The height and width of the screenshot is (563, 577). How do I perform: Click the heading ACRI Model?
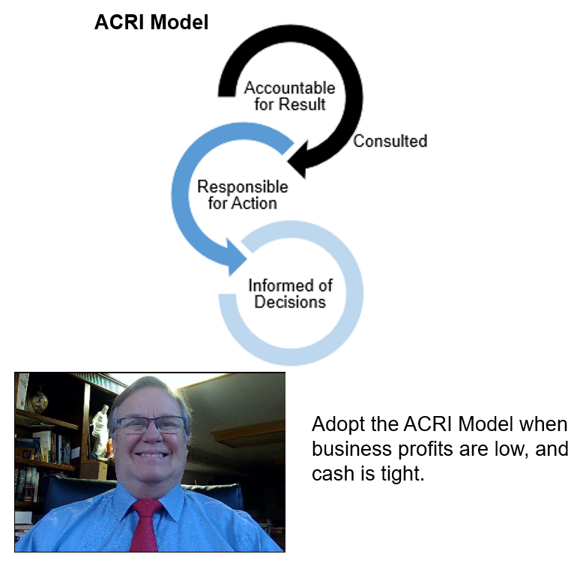click(151, 23)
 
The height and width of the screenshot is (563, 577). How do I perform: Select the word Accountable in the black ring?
click(289, 88)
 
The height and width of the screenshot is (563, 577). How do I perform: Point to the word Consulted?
click(390, 141)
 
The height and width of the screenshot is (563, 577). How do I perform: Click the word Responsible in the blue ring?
click(242, 187)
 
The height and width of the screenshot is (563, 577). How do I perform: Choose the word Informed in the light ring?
click(291, 286)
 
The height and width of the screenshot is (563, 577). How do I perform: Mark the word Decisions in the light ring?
click(290, 303)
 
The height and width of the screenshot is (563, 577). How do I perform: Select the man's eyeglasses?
click(151, 425)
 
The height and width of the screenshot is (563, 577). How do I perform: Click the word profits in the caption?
click(423, 450)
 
